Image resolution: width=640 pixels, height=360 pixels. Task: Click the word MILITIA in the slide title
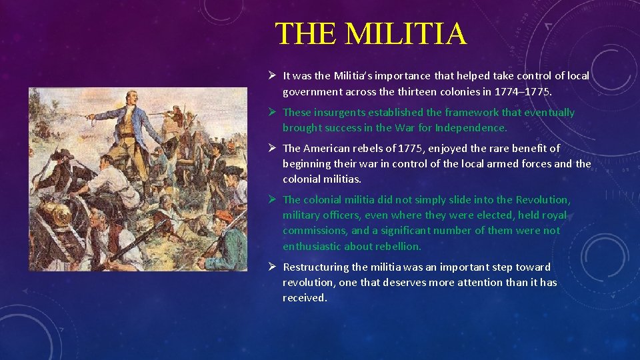(405, 33)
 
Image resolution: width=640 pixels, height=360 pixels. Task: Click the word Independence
(471, 127)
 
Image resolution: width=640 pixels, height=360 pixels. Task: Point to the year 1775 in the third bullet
(417, 148)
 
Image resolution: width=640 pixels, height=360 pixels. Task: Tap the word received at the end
(305, 297)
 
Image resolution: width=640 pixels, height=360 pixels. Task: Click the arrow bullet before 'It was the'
(271, 76)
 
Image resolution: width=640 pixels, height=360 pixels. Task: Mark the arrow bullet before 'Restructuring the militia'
(271, 267)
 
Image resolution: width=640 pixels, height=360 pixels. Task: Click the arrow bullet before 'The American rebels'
(271, 148)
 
